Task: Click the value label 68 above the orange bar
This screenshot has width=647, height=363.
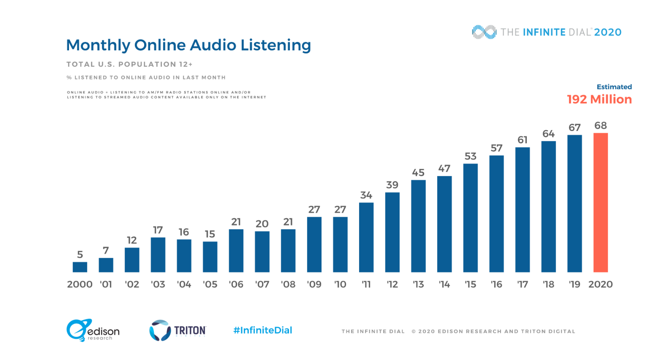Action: [x=600, y=125]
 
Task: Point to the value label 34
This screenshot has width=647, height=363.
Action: [x=366, y=195]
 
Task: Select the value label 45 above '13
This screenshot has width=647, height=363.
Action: [x=418, y=173]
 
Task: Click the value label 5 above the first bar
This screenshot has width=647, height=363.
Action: [x=80, y=255]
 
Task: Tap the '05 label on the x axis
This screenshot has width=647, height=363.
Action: [x=210, y=284]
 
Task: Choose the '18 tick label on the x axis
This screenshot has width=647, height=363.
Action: [x=549, y=284]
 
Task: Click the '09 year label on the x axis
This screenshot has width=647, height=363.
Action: [x=314, y=284]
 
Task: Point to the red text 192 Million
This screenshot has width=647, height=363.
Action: [x=599, y=99]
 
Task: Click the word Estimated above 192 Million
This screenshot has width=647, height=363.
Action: [x=614, y=87]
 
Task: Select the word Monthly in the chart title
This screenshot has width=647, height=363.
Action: [x=98, y=46]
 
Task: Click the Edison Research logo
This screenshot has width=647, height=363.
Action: [x=93, y=330]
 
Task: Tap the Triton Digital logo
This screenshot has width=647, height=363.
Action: [x=178, y=330]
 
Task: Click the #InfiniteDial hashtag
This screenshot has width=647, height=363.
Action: [x=263, y=330]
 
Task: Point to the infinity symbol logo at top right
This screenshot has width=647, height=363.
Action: [x=484, y=32]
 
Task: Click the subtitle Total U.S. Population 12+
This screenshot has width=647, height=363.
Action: [x=129, y=64]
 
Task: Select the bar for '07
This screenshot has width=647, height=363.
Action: [x=262, y=252]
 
